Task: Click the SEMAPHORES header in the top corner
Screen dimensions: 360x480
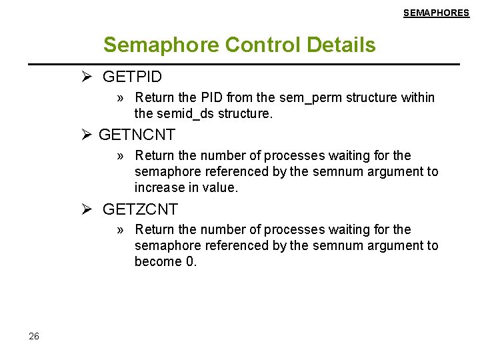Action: (x=436, y=13)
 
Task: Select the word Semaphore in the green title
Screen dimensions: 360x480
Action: (x=161, y=45)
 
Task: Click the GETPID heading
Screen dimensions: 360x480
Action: (x=132, y=77)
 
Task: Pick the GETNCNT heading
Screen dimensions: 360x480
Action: (x=137, y=135)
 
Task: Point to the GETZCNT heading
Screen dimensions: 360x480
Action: (x=140, y=209)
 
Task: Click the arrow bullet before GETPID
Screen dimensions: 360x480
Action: (x=87, y=77)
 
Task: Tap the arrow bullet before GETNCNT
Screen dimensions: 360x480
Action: (x=87, y=135)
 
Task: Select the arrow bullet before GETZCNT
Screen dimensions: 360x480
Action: (x=87, y=209)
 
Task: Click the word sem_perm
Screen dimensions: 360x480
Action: (x=308, y=98)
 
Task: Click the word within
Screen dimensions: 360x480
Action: (x=418, y=98)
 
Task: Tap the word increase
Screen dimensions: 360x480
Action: (x=160, y=188)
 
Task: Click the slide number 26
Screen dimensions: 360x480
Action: (x=34, y=336)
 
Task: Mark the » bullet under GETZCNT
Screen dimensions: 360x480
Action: (x=121, y=230)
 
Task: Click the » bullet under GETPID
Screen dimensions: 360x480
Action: (x=121, y=98)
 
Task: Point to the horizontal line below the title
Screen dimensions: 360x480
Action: (x=243, y=64)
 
